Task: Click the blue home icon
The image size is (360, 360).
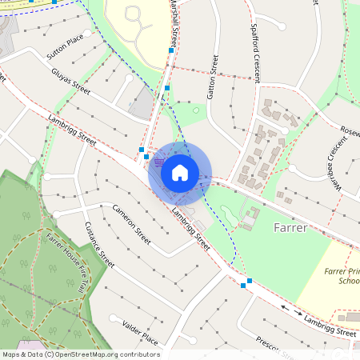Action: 180,172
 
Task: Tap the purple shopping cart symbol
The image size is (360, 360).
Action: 160,162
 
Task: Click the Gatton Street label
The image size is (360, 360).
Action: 213,77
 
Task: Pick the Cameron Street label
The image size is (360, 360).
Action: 131,224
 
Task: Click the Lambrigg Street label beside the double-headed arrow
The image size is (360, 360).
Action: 330,324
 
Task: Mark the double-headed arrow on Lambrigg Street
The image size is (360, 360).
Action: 291,310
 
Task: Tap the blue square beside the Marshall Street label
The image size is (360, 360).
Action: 171,50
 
